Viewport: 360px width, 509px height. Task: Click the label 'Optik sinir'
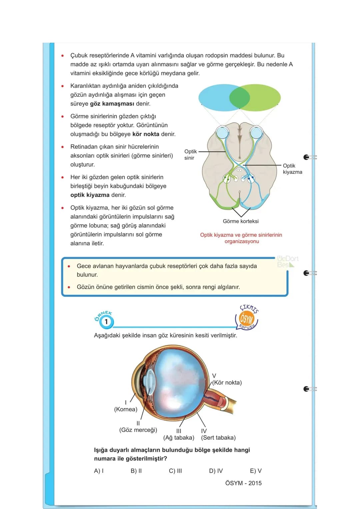(x=190, y=155)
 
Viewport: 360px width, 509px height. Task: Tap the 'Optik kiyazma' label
(x=293, y=169)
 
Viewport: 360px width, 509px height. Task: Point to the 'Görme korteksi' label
(x=241, y=221)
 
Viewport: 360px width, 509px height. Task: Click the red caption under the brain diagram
(x=241, y=238)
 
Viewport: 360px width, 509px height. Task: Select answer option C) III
(x=175, y=471)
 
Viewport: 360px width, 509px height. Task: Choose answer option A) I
(x=99, y=471)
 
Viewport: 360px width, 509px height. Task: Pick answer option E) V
(x=256, y=471)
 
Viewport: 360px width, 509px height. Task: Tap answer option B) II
(x=136, y=471)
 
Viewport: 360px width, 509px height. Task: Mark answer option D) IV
(x=216, y=471)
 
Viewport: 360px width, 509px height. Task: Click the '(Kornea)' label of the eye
(x=126, y=409)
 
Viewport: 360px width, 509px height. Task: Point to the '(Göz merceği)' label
(x=138, y=430)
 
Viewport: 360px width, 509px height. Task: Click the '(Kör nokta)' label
(x=227, y=382)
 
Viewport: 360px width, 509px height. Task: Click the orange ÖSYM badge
(x=246, y=319)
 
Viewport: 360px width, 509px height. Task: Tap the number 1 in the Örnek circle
(x=106, y=322)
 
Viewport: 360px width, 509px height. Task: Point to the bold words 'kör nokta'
(x=146, y=134)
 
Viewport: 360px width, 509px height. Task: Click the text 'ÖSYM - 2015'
(x=243, y=483)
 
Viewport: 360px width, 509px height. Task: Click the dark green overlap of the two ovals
(x=240, y=98)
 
